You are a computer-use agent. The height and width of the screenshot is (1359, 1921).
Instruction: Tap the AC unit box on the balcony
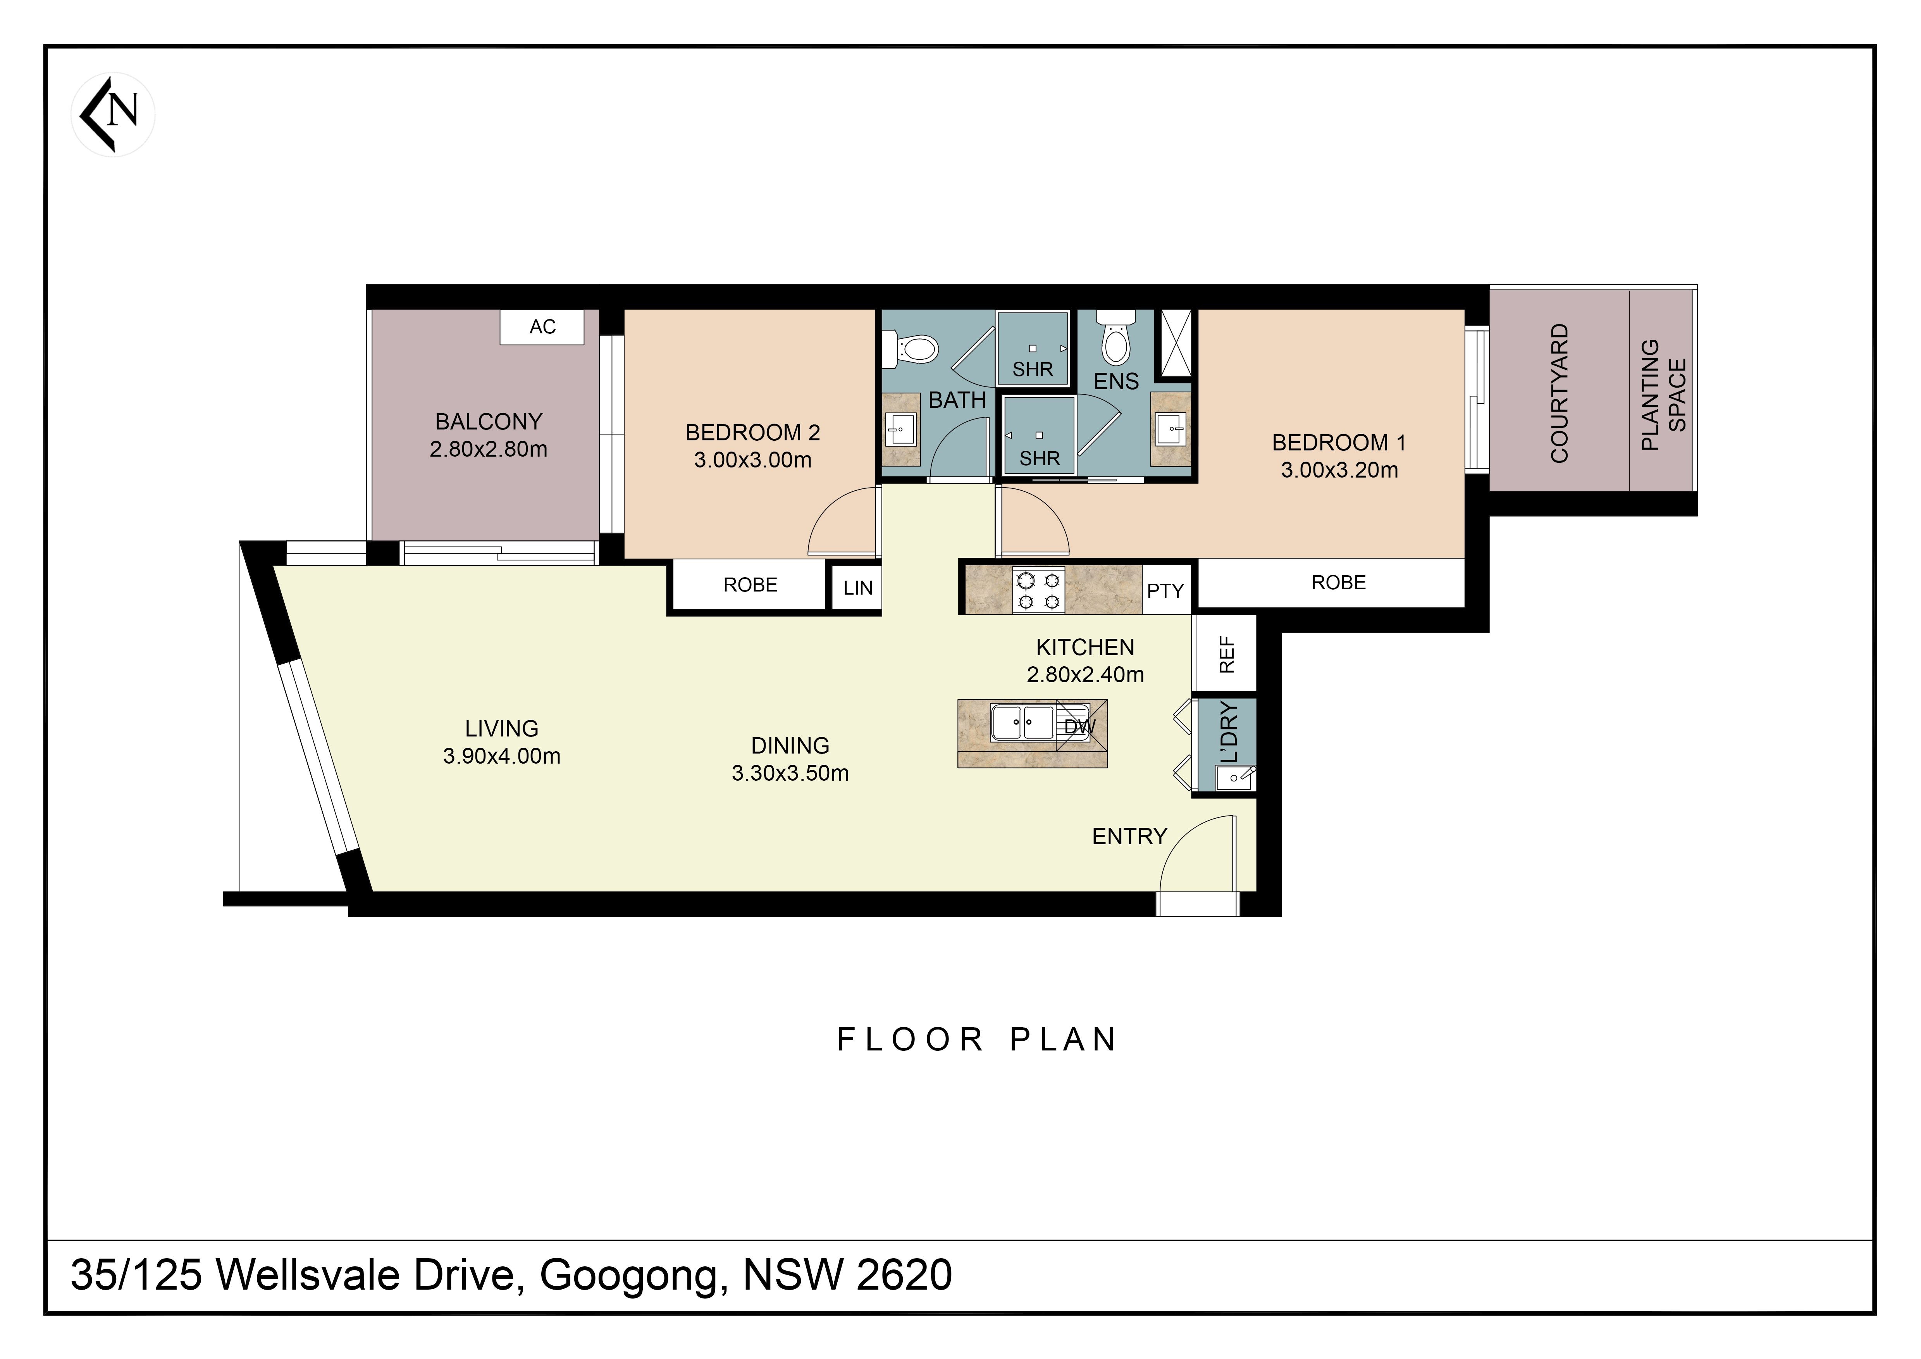tap(542, 326)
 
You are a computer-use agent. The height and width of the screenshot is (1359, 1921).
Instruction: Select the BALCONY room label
tap(489, 421)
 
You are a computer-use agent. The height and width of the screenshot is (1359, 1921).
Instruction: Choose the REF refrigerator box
tap(1225, 654)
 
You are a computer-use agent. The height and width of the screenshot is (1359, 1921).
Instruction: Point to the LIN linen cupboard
tap(857, 588)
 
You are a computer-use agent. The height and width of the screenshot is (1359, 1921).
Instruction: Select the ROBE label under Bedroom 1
tap(1339, 583)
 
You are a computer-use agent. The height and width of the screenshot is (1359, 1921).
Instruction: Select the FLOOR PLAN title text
tap(977, 1039)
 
